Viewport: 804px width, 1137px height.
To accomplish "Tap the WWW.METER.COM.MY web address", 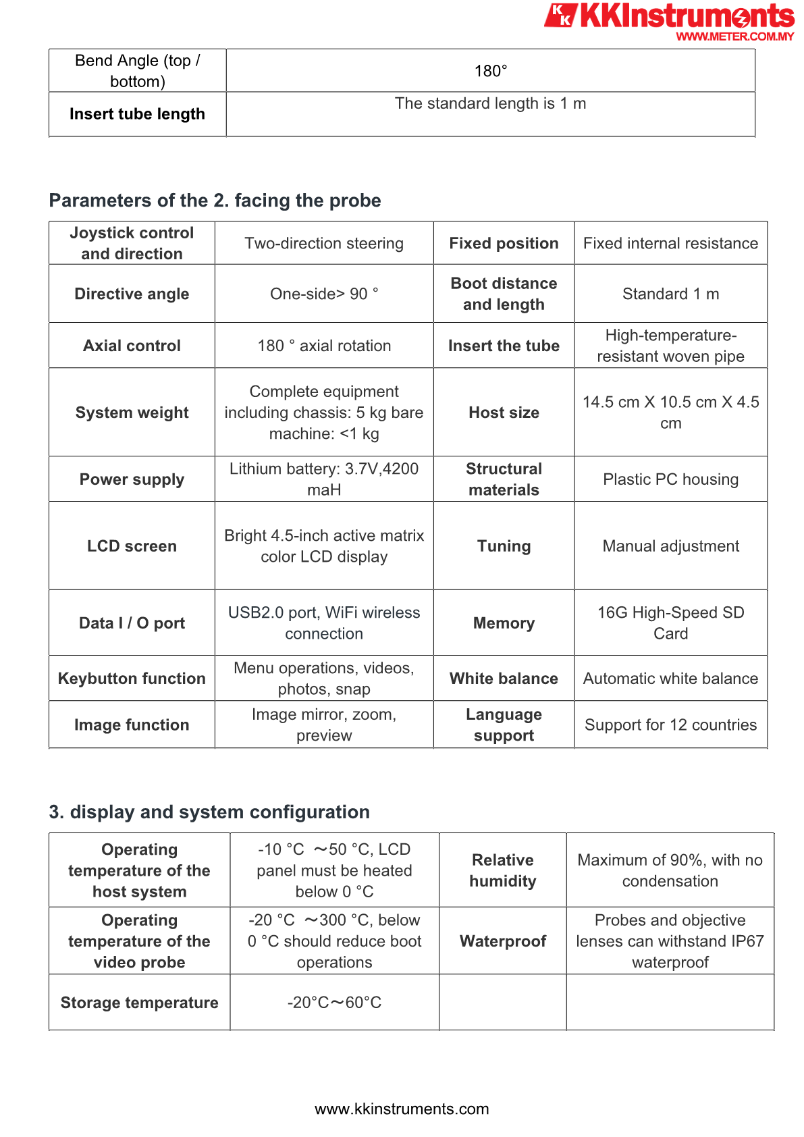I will tap(734, 36).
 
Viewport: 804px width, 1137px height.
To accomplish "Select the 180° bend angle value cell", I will tap(490, 71).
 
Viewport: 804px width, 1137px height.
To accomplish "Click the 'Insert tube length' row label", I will tap(137, 114).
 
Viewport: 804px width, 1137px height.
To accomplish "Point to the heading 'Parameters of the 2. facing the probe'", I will tap(215, 201).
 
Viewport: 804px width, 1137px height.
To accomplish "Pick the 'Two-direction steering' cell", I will tap(324, 243).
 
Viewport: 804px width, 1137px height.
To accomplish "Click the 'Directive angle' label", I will tap(132, 294).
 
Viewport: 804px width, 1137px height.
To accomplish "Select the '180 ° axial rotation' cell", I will tap(324, 346).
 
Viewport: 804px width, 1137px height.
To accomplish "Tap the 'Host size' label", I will tap(504, 413).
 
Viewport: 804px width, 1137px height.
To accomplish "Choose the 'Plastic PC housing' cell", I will tap(670, 479).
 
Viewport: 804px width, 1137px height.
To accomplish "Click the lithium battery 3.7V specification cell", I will tap(324, 479).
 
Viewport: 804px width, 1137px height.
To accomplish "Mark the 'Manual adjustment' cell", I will tap(670, 546).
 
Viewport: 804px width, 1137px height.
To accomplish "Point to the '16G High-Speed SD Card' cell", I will tap(670, 623).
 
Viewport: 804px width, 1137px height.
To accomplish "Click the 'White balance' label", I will tap(504, 679).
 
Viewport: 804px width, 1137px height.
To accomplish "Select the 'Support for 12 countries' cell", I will tap(670, 725).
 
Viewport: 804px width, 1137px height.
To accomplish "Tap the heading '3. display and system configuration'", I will tap(209, 812).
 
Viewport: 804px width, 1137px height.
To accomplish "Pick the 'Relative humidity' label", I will tap(503, 870).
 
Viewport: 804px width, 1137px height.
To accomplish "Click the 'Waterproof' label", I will tap(503, 941).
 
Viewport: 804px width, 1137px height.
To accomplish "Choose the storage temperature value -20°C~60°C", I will tap(334, 1003).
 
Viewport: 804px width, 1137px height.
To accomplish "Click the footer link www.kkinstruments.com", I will tap(402, 1109).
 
